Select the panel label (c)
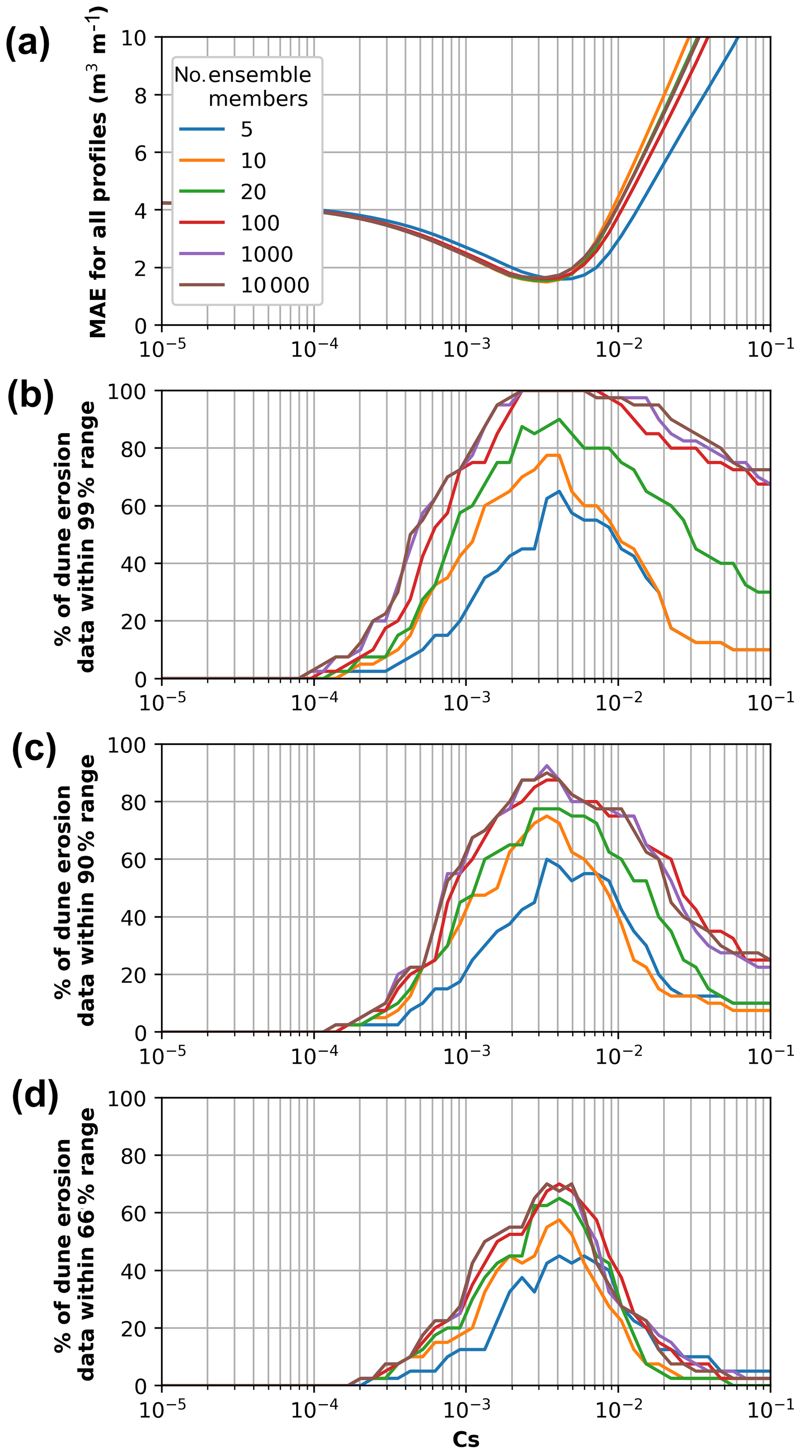(x=33, y=749)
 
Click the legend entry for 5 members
(x=246, y=129)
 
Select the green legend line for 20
(x=202, y=192)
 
